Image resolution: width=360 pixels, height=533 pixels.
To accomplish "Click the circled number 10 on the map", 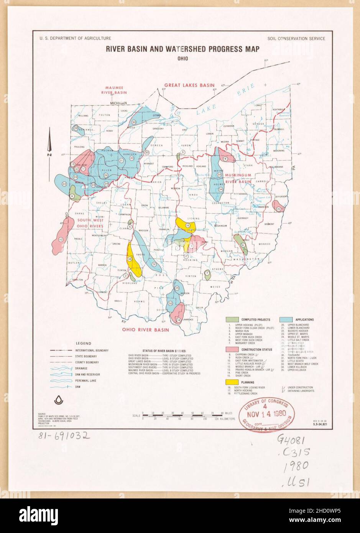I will coord(61,240).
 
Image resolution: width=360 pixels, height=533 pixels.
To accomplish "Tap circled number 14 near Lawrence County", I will coord(179,320).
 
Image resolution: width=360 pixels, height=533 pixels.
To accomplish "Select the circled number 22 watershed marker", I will coord(64,184).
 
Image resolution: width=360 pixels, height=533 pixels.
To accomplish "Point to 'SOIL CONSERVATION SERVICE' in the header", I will coord(297,38).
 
